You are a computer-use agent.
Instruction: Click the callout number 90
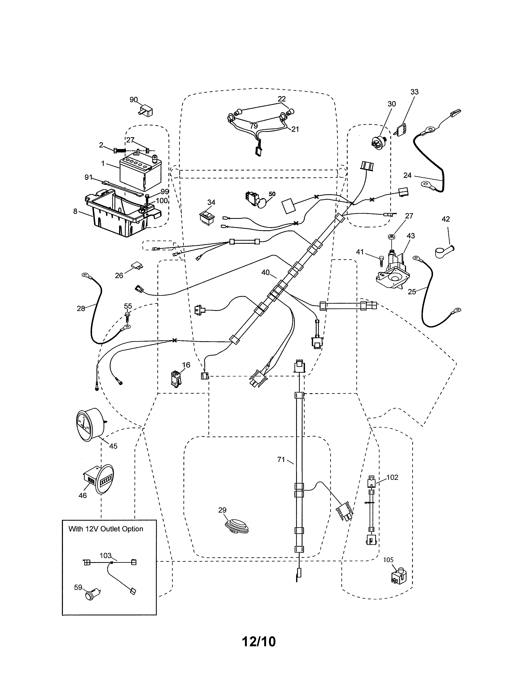[134, 99]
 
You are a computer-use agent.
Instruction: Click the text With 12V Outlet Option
[106, 529]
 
